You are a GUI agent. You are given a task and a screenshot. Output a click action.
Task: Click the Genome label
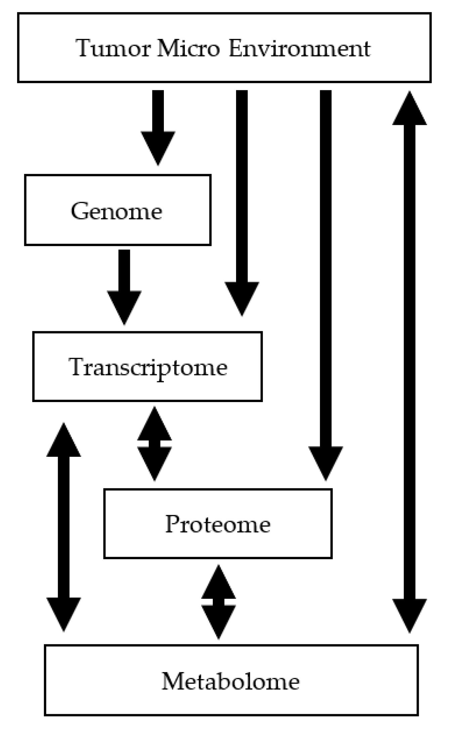[117, 211]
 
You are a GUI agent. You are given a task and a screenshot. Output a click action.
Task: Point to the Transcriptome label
[148, 367]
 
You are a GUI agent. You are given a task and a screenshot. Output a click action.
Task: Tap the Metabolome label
[231, 681]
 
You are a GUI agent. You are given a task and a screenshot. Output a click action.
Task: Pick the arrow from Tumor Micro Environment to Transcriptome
[242, 201]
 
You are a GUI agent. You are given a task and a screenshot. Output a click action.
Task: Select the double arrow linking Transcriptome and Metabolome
[64, 527]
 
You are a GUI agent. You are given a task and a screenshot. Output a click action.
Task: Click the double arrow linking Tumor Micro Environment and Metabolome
[409, 362]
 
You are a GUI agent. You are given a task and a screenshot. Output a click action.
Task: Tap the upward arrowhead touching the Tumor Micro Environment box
[409, 109]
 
